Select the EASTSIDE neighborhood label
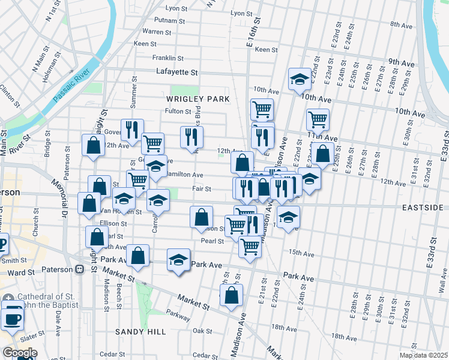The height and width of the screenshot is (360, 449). (x=426, y=207)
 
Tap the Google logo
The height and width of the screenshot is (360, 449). (x=19, y=353)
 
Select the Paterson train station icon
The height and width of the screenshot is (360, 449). (x=78, y=269)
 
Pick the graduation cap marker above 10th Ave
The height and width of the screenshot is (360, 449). (x=299, y=78)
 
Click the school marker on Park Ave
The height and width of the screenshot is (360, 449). (x=178, y=260)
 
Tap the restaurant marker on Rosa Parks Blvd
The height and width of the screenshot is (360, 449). (x=191, y=136)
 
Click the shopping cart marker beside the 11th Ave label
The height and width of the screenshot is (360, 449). (x=317, y=119)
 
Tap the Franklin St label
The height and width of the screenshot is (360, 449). (x=167, y=58)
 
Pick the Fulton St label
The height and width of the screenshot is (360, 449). (x=178, y=111)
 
